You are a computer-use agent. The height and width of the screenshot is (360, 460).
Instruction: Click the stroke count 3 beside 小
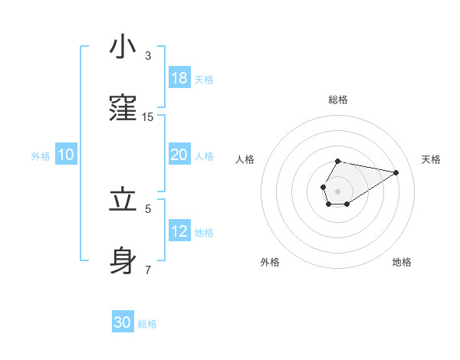(x=148, y=56)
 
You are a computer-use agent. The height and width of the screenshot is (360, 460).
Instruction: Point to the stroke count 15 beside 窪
(x=148, y=116)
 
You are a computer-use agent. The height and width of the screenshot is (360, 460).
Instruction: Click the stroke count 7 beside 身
(x=148, y=270)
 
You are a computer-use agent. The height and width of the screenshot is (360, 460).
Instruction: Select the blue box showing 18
(x=179, y=78)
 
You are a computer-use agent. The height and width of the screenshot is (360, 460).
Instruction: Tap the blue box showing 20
(x=179, y=155)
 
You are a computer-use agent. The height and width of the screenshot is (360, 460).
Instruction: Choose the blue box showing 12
(x=179, y=231)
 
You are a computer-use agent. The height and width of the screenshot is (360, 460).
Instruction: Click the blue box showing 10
(x=66, y=155)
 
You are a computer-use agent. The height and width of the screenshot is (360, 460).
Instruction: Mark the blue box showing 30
(x=123, y=322)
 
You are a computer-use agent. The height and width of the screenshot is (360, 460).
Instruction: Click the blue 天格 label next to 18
(x=204, y=80)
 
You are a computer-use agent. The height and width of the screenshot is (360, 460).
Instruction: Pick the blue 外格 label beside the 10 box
(x=41, y=156)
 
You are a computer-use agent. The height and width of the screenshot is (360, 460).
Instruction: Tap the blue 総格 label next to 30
(x=147, y=324)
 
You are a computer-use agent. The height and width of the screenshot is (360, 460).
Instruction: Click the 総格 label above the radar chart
(x=338, y=100)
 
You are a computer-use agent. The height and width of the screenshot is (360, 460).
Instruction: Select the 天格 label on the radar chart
(x=431, y=159)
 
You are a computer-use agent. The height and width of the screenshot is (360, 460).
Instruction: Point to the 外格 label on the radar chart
(x=270, y=262)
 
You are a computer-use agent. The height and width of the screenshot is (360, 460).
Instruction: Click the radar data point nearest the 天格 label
(x=396, y=172)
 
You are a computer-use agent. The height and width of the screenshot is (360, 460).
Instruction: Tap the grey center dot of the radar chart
(x=337, y=190)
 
